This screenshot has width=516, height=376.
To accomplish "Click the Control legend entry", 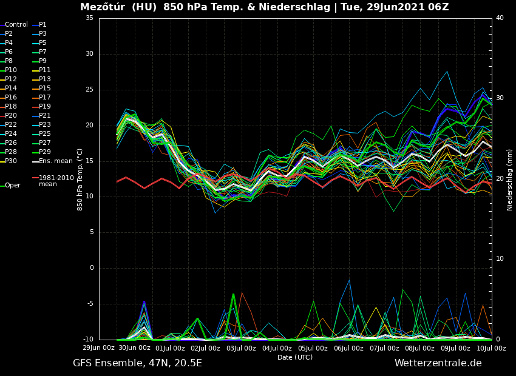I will click(x=16, y=25).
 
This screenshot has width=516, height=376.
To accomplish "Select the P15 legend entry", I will click(x=45, y=89).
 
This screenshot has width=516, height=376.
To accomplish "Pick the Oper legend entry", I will click(x=12, y=186).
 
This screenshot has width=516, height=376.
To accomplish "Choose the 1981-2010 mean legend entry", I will click(x=56, y=181).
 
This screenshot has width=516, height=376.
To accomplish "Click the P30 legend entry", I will click(x=11, y=161).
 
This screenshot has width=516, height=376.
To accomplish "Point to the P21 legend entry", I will click(x=45, y=116).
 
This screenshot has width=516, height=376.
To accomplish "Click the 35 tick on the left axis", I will click(x=89, y=18).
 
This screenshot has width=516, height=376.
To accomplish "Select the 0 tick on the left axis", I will click(x=92, y=268).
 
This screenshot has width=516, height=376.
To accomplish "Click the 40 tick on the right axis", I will click(x=500, y=18).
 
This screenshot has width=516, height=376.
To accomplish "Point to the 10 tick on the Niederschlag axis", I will click(x=500, y=259).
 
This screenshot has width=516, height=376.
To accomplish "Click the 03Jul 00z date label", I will click(x=241, y=348).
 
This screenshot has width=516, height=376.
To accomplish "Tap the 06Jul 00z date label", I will click(x=348, y=348).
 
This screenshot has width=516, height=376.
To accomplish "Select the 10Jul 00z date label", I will click(x=491, y=348).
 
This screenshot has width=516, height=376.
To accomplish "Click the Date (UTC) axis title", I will click(x=295, y=358).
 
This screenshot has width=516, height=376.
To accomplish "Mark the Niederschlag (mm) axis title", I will click(x=510, y=180).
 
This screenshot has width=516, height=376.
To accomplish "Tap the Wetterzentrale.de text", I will click(x=438, y=363).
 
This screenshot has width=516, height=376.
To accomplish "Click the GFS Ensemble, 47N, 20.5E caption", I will click(x=137, y=363).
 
